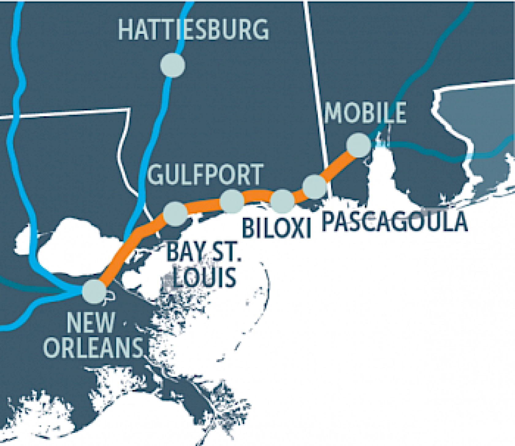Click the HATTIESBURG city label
pyautogui.click(x=193, y=30)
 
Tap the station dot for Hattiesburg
pyautogui.click(x=173, y=65)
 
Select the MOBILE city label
pyautogui.click(x=365, y=113)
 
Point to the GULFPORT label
pyautogui.click(x=205, y=174)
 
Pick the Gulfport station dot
pyautogui.click(x=232, y=201)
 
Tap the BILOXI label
pyautogui.click(x=276, y=228)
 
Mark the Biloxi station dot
pyautogui.click(x=282, y=201)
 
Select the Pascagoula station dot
pyautogui.click(x=314, y=186)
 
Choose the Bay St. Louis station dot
pyautogui.click(x=175, y=214)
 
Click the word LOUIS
pyautogui.click(x=204, y=277)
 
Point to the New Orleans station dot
pyautogui.click(x=94, y=291)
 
